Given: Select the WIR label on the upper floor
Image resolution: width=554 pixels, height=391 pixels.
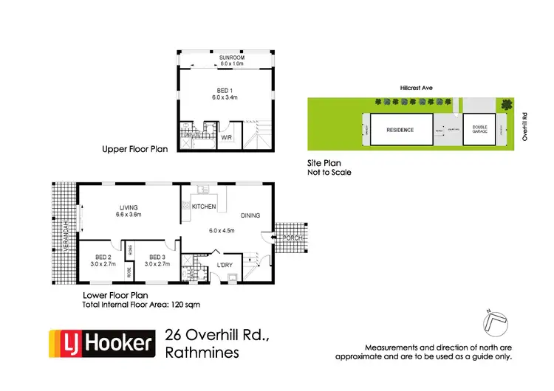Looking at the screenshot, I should click(x=227, y=136).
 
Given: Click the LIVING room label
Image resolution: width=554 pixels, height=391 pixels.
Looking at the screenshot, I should click(x=129, y=207).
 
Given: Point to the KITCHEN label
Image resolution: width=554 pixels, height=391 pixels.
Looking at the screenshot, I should click(x=204, y=207).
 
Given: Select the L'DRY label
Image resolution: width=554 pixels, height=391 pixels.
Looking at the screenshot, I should click(x=225, y=266).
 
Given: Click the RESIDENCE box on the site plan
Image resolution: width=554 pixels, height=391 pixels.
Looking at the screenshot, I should click(x=400, y=130).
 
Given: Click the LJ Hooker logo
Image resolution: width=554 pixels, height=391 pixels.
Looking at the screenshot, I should click(x=103, y=342).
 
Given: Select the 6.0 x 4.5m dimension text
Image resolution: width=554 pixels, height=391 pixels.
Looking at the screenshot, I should click(x=219, y=231).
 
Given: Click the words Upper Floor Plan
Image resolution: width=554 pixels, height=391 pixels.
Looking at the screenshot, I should click(x=135, y=149).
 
